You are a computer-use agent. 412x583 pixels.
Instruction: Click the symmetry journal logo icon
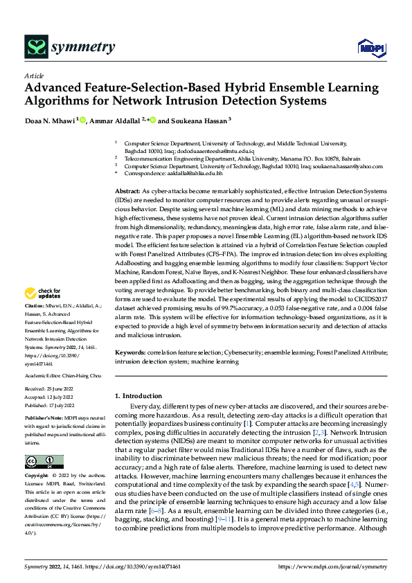point(36,46)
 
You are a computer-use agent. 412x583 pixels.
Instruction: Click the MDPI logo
point(368,47)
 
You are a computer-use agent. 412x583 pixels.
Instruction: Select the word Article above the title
point(34,75)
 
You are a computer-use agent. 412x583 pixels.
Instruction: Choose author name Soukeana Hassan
point(199,120)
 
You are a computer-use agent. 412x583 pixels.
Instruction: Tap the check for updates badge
point(44,312)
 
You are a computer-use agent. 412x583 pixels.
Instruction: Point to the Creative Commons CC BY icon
point(44,462)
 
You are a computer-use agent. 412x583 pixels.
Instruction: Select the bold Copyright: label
point(37,476)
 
